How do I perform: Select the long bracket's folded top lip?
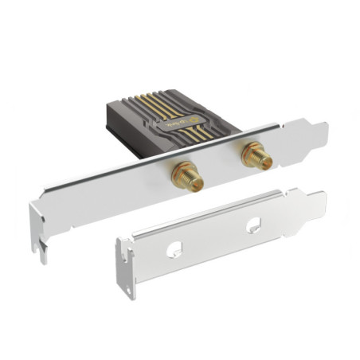(x=159, y=163)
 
